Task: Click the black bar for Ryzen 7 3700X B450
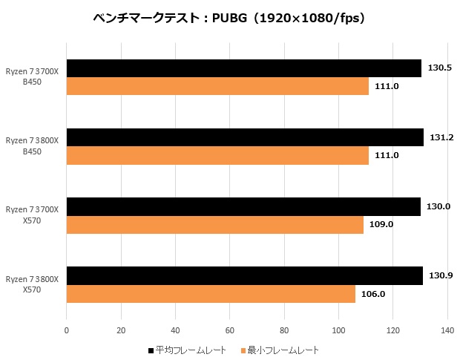243,68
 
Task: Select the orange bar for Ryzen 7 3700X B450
217,86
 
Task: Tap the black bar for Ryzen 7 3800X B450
245,137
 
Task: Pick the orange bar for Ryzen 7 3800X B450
217,155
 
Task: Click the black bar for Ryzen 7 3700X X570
243,206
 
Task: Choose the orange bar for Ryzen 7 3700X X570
215,224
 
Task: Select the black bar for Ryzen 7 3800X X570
244,275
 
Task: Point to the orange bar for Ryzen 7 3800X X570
211,293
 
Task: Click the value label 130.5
440,68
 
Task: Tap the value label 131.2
441,137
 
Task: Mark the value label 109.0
381,224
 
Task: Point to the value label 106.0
373,293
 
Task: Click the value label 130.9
441,275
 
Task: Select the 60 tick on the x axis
230,330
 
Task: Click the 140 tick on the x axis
447,330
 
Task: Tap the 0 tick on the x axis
67,330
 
